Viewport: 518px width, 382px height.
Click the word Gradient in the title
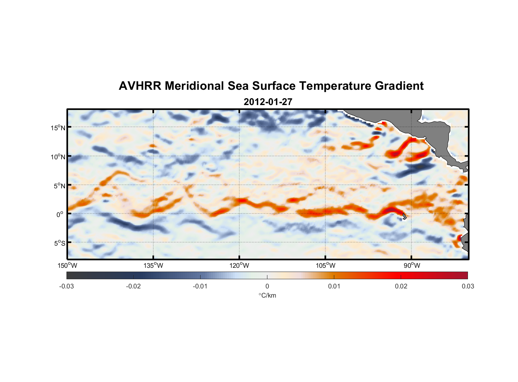click(x=399, y=86)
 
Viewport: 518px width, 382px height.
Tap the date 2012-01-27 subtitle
click(x=268, y=102)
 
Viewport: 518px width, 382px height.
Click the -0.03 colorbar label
click(x=66, y=286)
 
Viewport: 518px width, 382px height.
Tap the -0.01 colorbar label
click(x=200, y=286)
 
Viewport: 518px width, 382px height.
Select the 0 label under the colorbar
click(x=267, y=286)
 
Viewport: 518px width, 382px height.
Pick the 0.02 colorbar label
click(x=401, y=286)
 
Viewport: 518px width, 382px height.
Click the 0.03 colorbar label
click(x=468, y=286)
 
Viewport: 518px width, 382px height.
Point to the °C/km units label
click(x=267, y=295)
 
